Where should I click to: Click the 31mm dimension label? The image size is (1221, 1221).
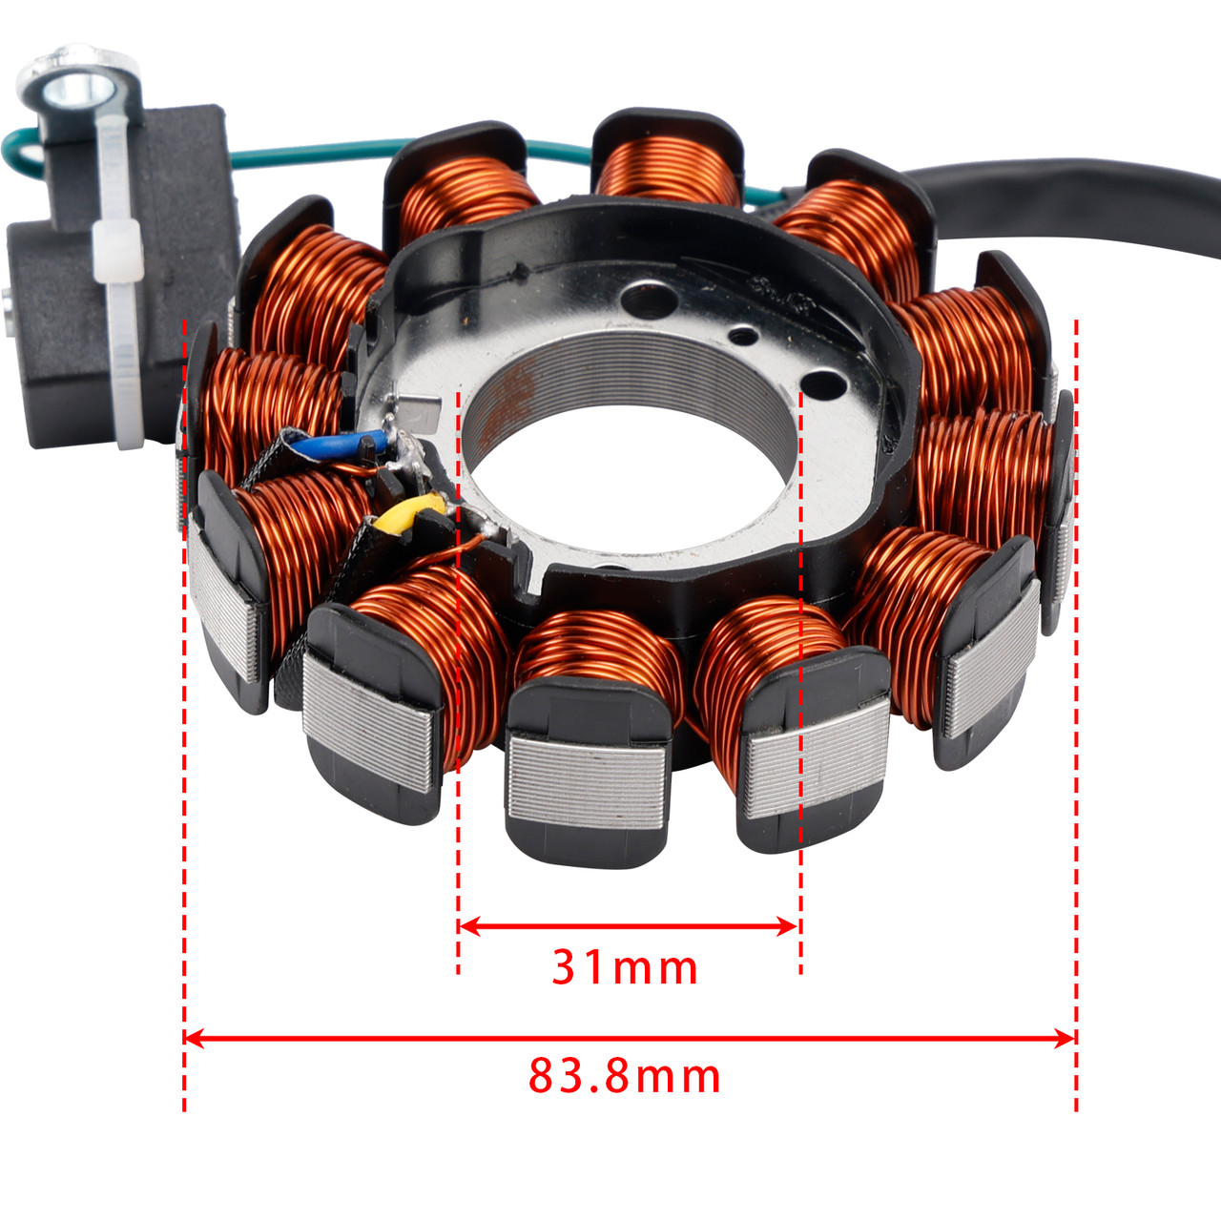(625, 967)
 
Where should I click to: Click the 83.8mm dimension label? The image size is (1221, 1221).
(625, 1077)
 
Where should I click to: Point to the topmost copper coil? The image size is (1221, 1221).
(667, 167)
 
